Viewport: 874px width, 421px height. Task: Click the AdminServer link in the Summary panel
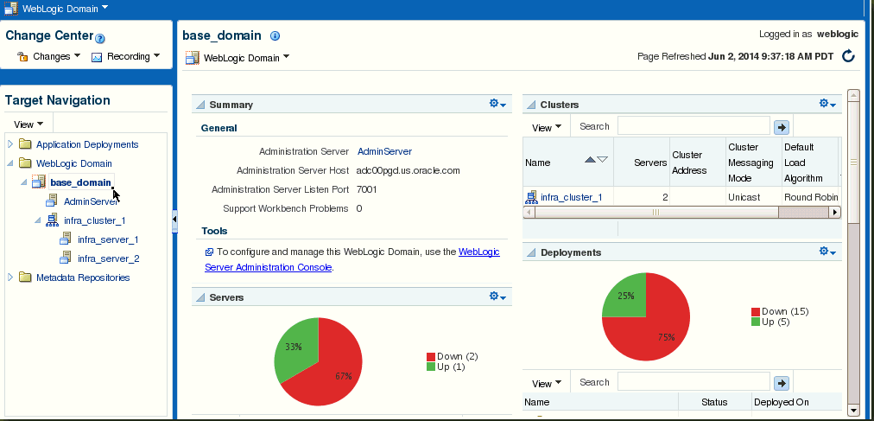384,151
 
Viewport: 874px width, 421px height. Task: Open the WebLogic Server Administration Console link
352,259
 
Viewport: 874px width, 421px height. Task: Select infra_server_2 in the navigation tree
108,258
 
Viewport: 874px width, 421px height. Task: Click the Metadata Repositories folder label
83,277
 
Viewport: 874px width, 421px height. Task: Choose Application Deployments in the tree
87,144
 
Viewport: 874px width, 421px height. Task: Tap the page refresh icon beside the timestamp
848,56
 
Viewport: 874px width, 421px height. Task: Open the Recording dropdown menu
125,56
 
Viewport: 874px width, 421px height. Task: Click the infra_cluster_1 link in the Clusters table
572,197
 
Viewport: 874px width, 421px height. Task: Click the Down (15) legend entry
780,312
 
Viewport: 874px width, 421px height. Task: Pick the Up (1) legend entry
446,367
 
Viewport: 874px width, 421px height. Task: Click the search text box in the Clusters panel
693,126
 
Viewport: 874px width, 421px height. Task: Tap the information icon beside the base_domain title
275,35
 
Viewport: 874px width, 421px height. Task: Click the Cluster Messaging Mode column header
750,163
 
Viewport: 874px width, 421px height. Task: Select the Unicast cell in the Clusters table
744,197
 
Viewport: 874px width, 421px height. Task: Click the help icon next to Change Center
100,39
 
